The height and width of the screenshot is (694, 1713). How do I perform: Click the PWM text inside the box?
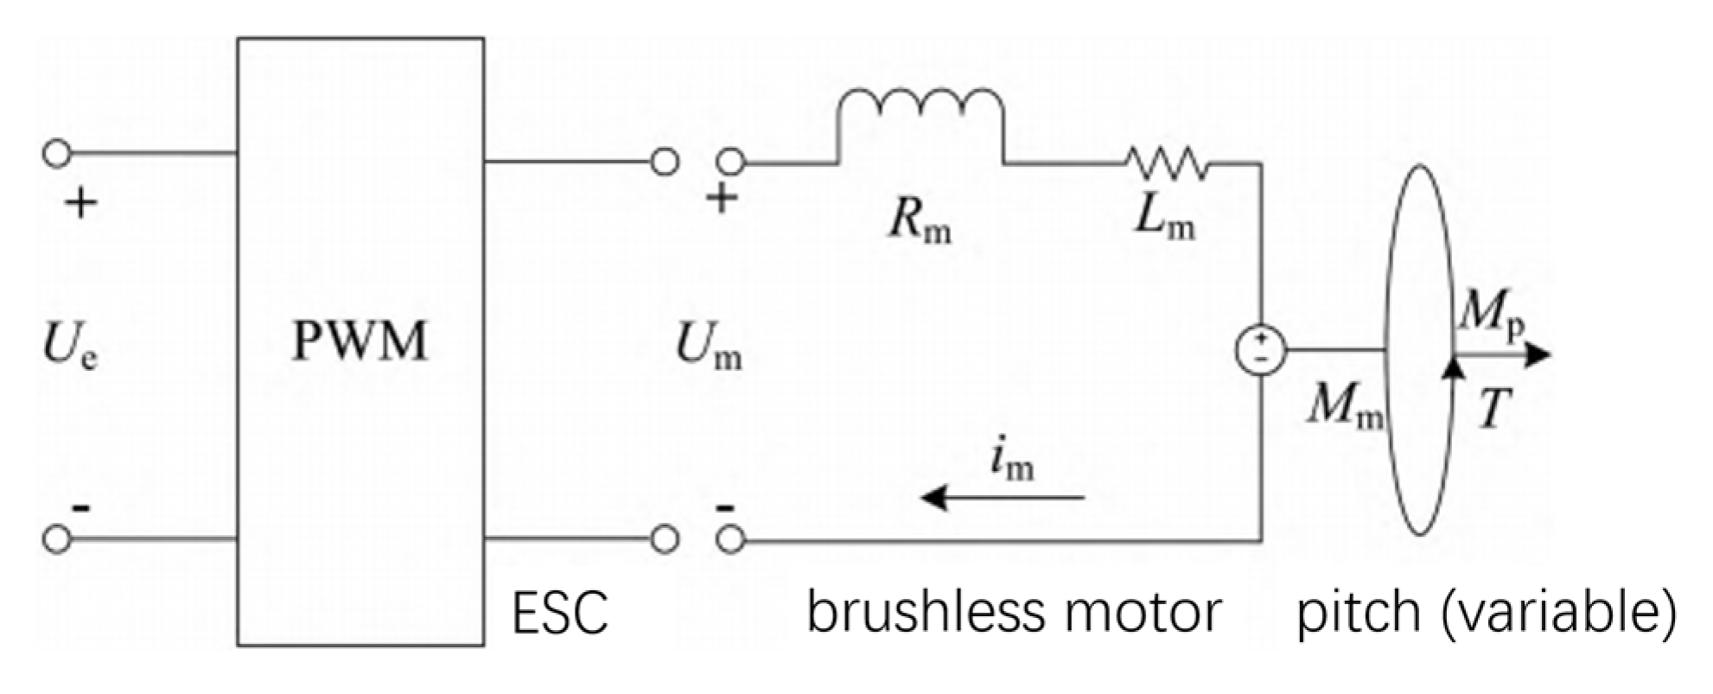(360, 341)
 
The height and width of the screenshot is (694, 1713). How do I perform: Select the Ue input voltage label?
(69, 347)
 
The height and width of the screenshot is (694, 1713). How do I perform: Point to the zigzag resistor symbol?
(1166, 162)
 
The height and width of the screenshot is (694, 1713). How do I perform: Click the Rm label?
(920, 223)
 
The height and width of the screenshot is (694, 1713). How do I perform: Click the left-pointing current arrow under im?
(1003, 498)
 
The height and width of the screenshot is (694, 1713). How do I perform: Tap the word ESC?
(560, 613)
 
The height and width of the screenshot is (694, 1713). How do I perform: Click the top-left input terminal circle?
(57, 155)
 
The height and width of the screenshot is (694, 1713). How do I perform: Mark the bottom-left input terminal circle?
(57, 538)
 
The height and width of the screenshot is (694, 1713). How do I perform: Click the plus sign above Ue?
(81, 205)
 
